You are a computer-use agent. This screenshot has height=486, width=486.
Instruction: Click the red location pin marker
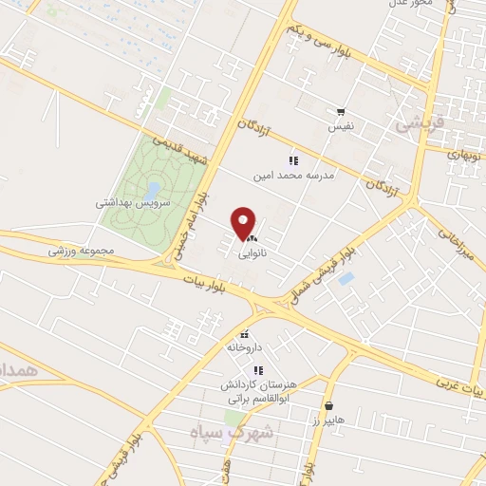(244, 222)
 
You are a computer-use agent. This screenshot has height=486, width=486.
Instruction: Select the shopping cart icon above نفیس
(340, 110)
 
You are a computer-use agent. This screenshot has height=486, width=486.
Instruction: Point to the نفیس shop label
(340, 125)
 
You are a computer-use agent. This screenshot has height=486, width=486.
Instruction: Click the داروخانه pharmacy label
(245, 347)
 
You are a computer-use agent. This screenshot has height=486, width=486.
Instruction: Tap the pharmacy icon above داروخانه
(245, 334)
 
